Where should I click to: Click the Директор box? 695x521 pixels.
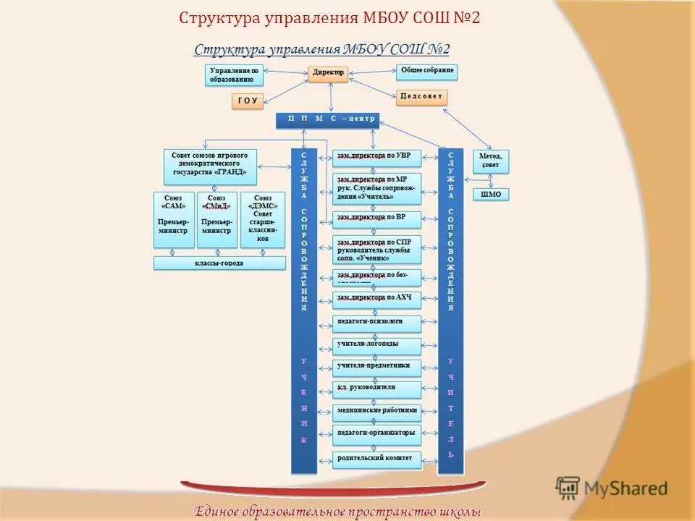[x=329, y=74]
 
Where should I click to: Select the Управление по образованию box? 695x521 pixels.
[x=233, y=75]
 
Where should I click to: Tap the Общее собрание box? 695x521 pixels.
[x=427, y=71]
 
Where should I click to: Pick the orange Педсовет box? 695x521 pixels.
[x=422, y=97]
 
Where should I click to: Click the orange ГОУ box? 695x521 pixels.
[x=248, y=101]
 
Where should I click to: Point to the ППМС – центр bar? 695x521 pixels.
[x=328, y=120]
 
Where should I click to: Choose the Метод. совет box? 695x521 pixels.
[x=490, y=161]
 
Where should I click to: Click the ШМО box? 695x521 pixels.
[x=490, y=194]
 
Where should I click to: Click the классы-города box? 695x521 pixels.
[x=219, y=263]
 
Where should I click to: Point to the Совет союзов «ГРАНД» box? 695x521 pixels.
[x=210, y=166]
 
